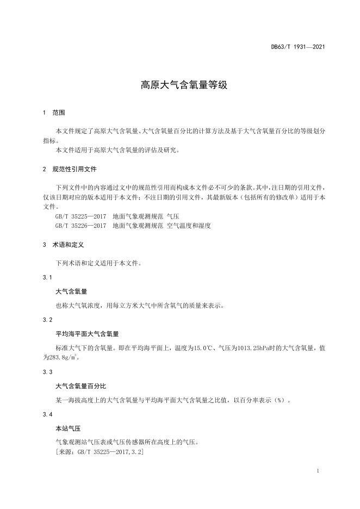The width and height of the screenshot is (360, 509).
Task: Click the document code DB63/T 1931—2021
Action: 298,47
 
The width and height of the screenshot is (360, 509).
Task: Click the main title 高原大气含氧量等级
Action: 179,85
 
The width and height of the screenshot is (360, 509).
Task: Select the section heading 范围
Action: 59,113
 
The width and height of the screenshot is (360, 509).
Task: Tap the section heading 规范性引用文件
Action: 75,170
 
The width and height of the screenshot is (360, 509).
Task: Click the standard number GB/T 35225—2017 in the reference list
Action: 81,216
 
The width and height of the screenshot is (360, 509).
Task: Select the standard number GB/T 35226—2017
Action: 81,225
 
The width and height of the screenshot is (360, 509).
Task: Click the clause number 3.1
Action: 47,278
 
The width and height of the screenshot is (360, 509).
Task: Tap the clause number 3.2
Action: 47,319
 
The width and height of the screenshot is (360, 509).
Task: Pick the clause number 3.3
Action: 47,372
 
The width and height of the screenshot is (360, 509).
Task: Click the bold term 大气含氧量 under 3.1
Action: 71,291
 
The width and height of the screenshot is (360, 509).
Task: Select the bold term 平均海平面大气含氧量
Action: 87,333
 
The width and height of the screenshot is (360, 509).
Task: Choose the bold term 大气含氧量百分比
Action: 80,386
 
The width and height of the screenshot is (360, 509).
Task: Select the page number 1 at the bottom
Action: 317,471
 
